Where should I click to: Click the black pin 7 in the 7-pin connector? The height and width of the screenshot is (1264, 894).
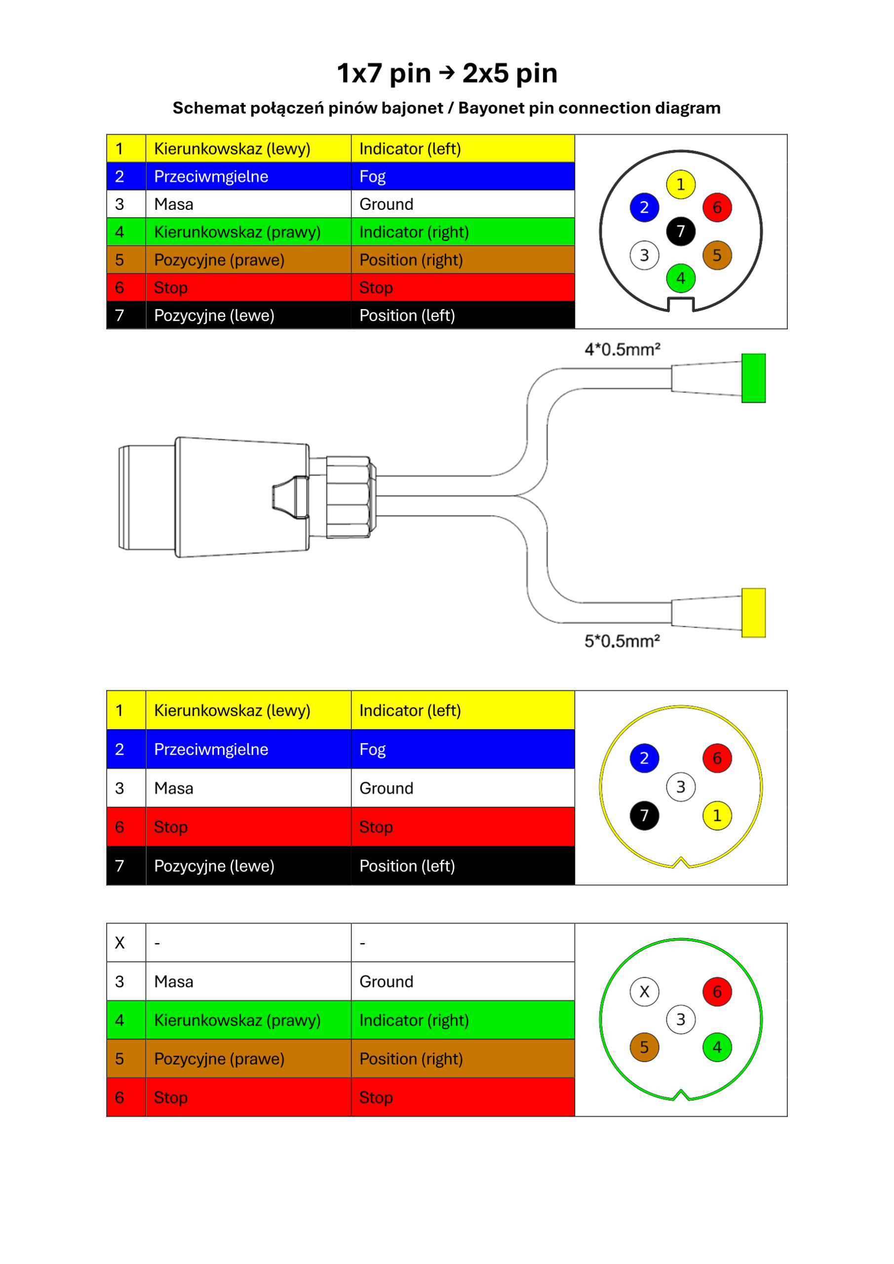(x=681, y=231)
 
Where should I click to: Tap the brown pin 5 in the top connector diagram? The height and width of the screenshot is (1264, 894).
(x=717, y=255)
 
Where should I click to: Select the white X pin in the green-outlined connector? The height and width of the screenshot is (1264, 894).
(x=644, y=991)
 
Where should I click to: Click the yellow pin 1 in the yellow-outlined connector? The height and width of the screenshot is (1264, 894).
(x=717, y=815)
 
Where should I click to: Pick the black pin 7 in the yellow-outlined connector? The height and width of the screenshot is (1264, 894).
(x=644, y=815)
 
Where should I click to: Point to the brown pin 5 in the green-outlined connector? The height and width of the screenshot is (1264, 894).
(x=644, y=1047)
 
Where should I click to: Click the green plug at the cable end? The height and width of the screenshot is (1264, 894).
(x=754, y=378)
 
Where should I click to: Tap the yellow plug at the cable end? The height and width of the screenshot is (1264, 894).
(x=754, y=613)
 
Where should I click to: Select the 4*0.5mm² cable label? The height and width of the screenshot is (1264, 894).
(x=622, y=349)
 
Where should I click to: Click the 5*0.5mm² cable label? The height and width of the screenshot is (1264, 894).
(x=622, y=641)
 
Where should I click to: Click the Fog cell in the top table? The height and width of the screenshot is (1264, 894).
(x=463, y=176)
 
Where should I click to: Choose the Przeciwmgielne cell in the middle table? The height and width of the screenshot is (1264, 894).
(x=249, y=749)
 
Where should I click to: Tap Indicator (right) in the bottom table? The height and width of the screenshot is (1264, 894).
(x=414, y=1020)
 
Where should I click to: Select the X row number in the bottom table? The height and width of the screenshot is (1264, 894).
(x=119, y=943)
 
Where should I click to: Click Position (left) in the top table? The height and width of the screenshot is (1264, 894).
(x=407, y=316)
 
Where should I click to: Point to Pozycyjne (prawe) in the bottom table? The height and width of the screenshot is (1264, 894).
(x=219, y=1059)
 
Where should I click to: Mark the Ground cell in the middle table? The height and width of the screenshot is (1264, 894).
(x=463, y=788)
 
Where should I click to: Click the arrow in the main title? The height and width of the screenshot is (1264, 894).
(x=447, y=72)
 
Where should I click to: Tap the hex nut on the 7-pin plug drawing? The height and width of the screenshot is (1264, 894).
(x=349, y=497)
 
